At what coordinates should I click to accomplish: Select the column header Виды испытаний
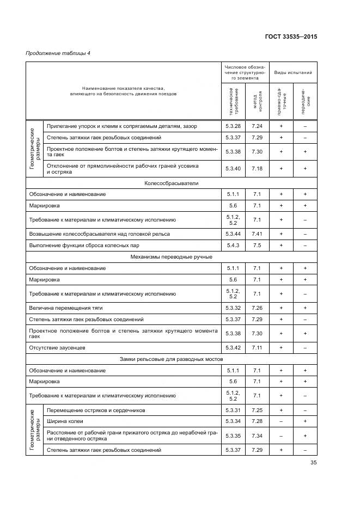[x=292, y=72]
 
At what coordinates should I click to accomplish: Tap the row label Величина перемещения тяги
[x=58, y=308]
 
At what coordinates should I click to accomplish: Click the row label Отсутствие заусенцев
[x=57, y=347]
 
